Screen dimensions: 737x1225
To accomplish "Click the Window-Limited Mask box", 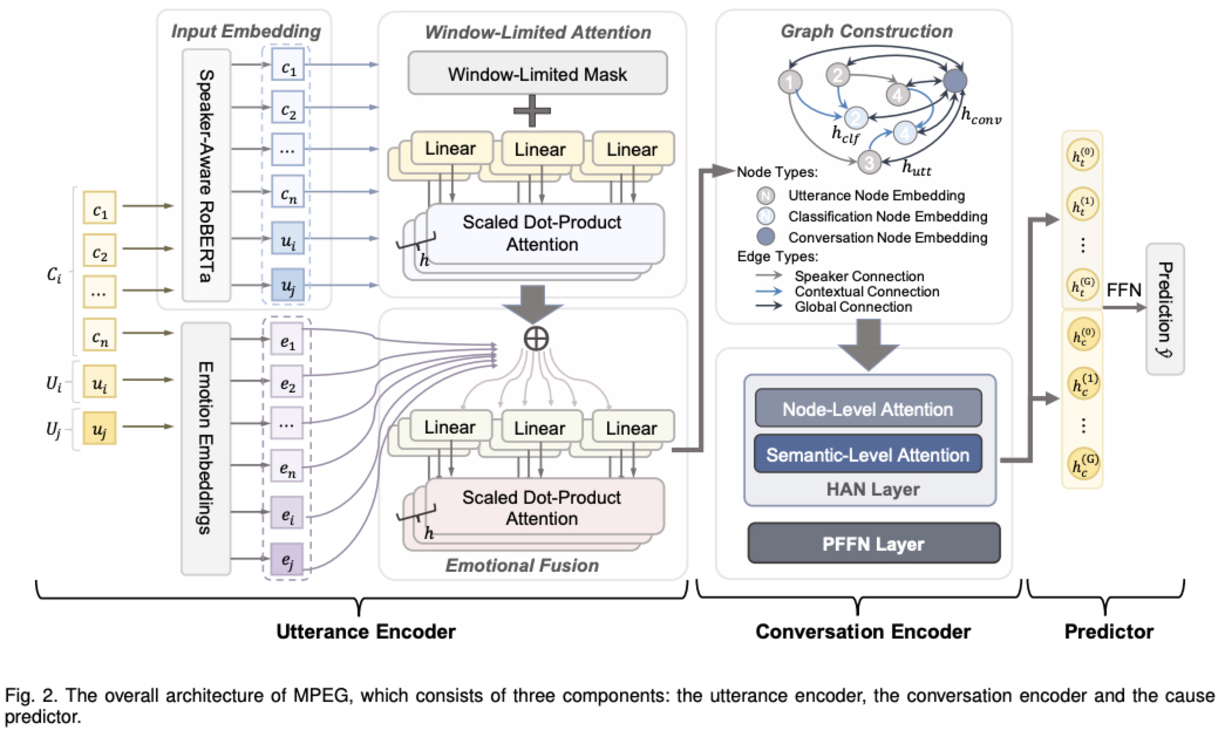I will coord(537,73).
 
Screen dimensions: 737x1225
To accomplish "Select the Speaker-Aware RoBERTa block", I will coord(206,175).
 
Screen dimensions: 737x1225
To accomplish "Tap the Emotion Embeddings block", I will coord(205,448).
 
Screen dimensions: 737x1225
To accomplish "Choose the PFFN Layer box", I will coord(873,544).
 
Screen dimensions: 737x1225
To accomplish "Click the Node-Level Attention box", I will coord(868,408).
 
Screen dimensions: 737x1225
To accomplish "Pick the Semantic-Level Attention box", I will coord(868,454).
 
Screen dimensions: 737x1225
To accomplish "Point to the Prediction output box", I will coord(1165,309).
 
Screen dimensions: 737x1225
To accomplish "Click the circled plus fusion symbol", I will coord(536,339).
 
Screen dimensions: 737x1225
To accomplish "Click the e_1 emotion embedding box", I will coord(287,340).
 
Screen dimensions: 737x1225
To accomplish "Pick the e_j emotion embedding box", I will coord(287,559).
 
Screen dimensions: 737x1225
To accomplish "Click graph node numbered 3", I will coord(869,162).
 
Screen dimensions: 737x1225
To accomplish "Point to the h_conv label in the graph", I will coord(981,117).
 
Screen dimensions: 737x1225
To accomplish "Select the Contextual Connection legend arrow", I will coord(768,291).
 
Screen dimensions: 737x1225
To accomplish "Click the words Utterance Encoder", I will coord(366,631).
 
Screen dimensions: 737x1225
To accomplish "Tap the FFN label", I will coord(1124,290).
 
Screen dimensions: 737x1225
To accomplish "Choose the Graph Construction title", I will coord(866,31).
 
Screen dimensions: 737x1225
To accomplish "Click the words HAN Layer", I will coord(873,489).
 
